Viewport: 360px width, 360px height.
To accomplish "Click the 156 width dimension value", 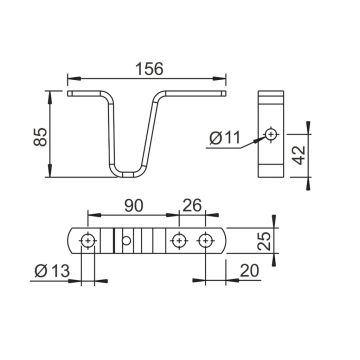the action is (x=149, y=69).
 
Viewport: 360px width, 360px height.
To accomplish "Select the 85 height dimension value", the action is (x=41, y=137).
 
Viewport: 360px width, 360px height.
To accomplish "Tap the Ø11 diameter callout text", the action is (x=225, y=138).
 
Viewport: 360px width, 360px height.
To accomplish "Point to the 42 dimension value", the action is (x=300, y=155).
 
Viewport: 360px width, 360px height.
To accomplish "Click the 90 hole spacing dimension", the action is (x=134, y=206).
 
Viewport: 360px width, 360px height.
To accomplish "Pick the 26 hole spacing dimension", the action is (x=192, y=206).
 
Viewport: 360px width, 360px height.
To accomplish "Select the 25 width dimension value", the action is (x=265, y=241).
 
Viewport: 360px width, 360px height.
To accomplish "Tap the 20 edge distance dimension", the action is (x=249, y=271).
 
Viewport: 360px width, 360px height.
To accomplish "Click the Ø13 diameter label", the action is (x=52, y=271).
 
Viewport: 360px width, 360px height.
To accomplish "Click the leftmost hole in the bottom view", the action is (x=88, y=241).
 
